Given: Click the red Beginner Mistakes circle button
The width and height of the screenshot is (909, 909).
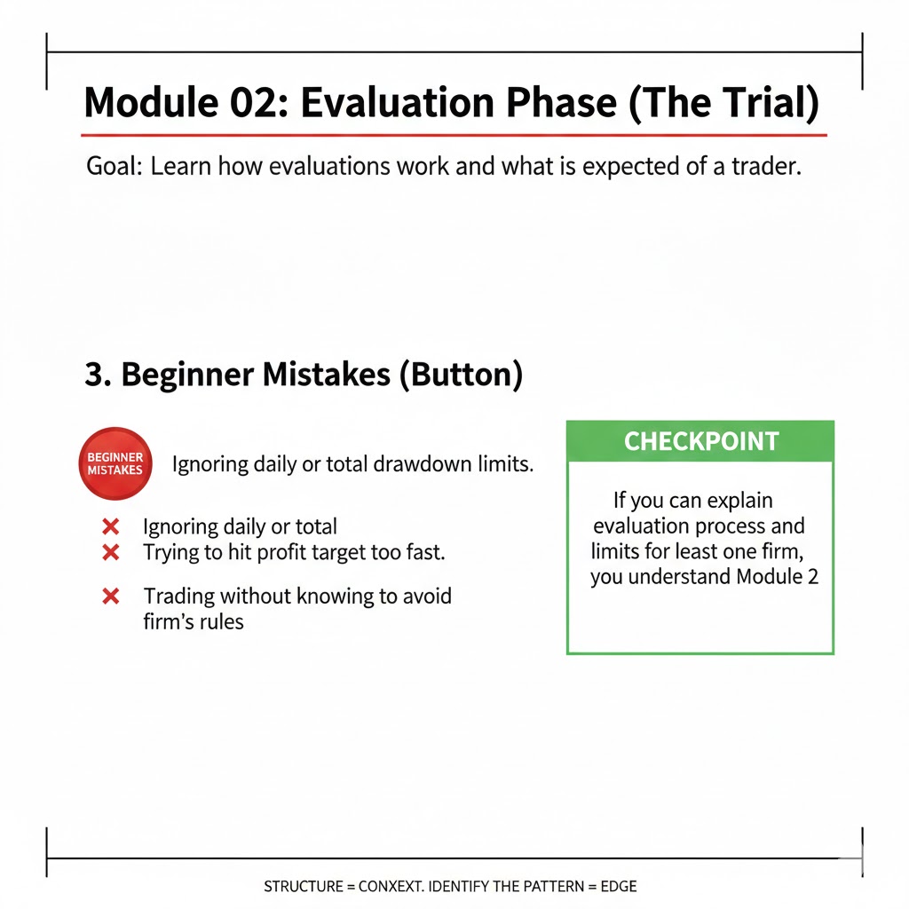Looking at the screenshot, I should tap(115, 463).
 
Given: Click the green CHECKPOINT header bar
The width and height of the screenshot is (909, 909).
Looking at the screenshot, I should tap(700, 441).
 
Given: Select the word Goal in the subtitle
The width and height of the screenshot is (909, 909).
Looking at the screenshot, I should tap(113, 167).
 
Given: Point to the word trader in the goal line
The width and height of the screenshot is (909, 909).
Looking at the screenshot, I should tap(764, 167).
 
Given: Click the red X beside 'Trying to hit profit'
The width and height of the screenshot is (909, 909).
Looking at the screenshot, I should tap(111, 552).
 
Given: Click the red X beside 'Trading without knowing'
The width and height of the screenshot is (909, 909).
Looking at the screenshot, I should tap(111, 596).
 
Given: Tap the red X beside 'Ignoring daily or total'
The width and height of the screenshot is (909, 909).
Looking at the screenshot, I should tap(111, 527).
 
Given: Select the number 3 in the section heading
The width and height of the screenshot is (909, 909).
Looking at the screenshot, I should tap(92, 375).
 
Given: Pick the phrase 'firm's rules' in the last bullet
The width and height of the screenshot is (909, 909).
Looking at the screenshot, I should tap(193, 621).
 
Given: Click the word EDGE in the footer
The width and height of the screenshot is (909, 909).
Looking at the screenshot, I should tap(619, 886).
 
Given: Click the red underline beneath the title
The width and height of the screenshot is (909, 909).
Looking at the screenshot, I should tap(453, 135).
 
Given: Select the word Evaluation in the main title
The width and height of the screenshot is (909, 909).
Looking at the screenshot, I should tap(401, 104).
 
